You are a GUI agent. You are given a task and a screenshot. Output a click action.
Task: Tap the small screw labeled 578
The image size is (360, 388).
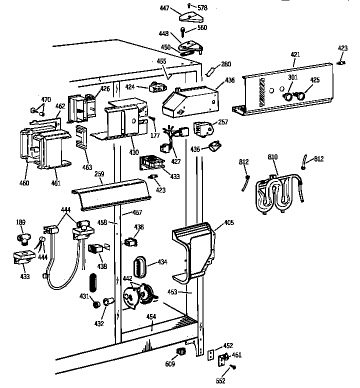195,7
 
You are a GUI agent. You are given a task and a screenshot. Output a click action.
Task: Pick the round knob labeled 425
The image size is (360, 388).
301,94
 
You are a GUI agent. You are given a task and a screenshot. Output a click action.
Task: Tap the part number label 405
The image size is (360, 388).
228,222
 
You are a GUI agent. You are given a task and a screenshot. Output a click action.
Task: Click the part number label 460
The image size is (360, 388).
24,183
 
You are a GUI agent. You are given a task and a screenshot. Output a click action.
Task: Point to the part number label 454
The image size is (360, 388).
151,317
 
